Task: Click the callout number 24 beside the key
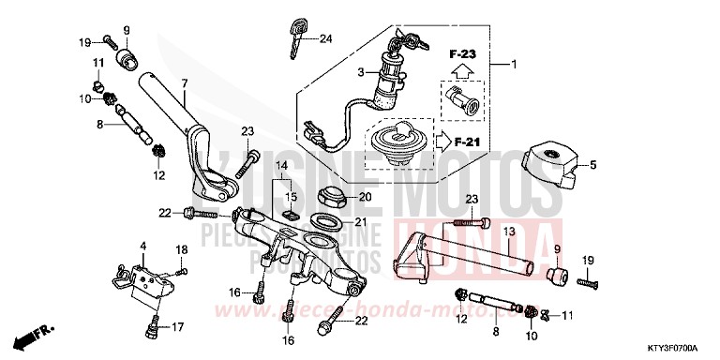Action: click(325, 38)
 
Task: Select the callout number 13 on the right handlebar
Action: click(508, 231)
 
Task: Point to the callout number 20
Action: click(367, 197)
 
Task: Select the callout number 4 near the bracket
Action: click(142, 246)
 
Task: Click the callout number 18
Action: click(183, 247)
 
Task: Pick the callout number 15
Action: click(290, 196)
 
